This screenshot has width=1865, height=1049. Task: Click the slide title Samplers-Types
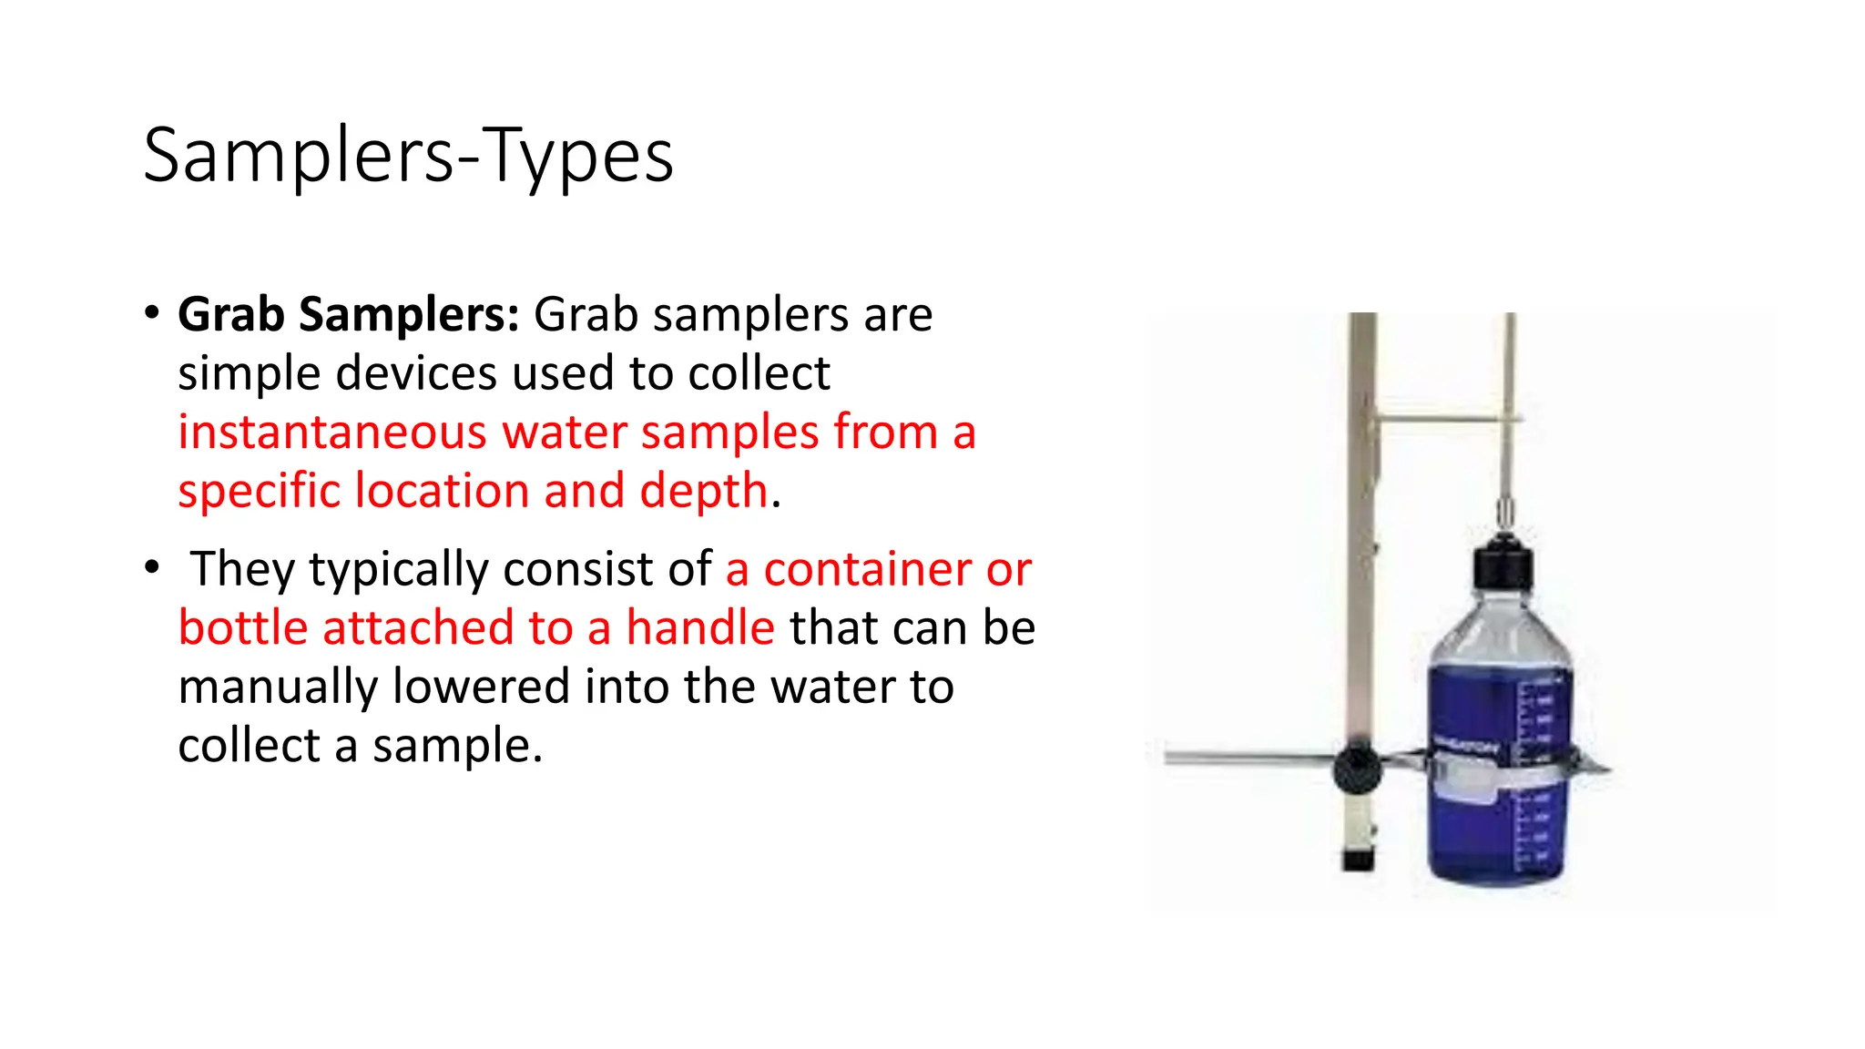pyautogui.click(x=408, y=156)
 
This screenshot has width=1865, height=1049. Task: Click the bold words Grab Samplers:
pyautogui.click(x=349, y=315)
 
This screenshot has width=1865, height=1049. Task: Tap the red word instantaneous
pyautogui.click(x=332, y=433)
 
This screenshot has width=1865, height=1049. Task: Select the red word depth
pyautogui.click(x=704, y=491)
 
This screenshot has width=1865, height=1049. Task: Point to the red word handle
pyautogui.click(x=700, y=628)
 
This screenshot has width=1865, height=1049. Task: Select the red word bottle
pyautogui.click(x=243, y=628)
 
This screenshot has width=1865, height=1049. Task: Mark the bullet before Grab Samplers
pyautogui.click(x=152, y=313)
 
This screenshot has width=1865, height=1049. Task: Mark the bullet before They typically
pyautogui.click(x=152, y=568)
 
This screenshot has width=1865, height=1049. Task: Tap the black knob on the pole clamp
pyautogui.click(x=1357, y=769)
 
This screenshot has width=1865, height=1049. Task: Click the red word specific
pyautogui.click(x=260, y=492)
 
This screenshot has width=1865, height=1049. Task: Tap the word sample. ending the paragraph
pyautogui.click(x=457, y=746)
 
